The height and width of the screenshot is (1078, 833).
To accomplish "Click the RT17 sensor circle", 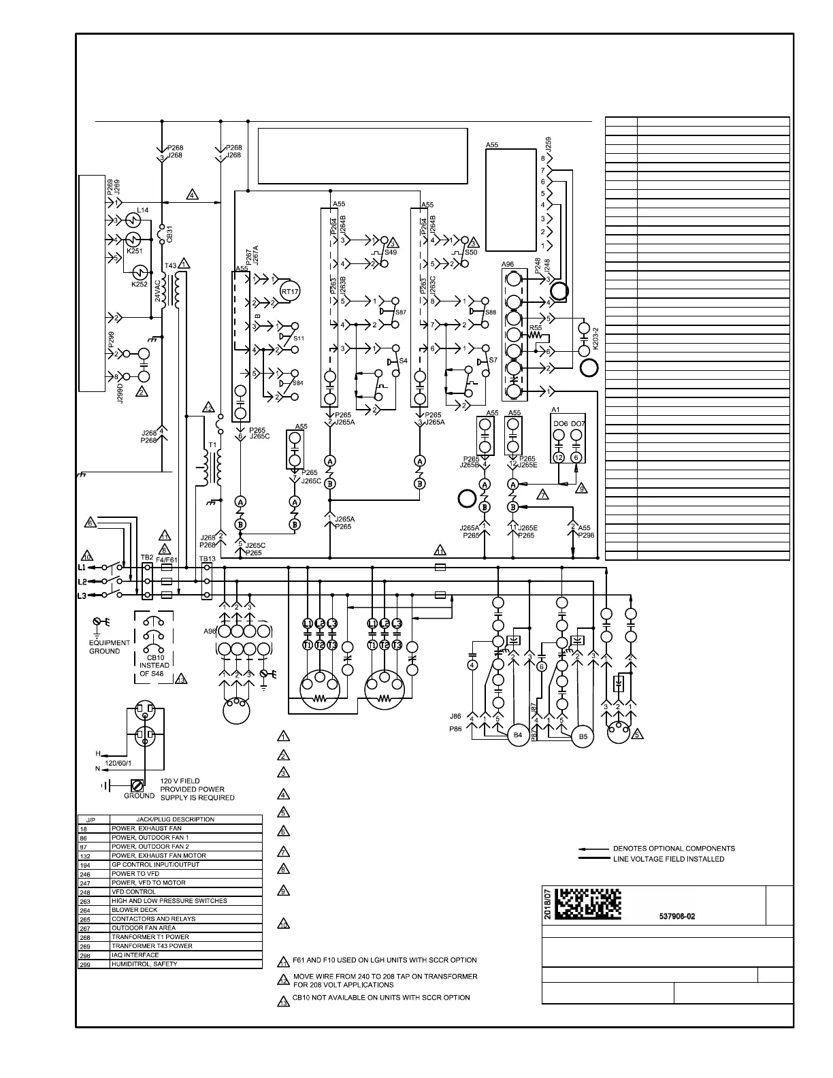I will (289, 291).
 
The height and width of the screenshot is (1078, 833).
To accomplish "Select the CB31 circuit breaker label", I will (169, 233).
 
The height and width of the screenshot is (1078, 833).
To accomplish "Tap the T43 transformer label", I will (170, 265).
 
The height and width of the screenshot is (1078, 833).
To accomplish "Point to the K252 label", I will (139, 284).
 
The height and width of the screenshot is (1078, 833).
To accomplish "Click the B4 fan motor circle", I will (518, 735).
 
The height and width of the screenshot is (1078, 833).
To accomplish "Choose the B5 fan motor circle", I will (583, 736).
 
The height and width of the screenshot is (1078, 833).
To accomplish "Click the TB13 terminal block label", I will (207, 559).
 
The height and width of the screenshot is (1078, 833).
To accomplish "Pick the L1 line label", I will (82, 567).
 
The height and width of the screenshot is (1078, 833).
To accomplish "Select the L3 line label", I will (82, 596).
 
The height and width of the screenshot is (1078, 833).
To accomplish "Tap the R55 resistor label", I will (536, 328).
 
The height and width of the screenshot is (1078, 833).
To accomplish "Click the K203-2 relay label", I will (595, 338).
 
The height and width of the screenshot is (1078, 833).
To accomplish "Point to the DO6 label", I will (560, 424).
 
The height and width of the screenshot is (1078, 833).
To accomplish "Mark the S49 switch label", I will (391, 252).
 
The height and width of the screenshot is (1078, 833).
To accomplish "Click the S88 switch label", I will (490, 312).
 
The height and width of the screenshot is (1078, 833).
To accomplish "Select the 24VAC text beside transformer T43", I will (157, 290).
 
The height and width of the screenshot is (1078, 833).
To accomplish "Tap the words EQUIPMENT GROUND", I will (109, 647).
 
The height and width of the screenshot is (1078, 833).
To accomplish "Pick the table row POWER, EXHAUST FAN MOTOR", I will (159, 855).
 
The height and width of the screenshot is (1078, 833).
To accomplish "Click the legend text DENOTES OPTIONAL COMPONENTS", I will (674, 849).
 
